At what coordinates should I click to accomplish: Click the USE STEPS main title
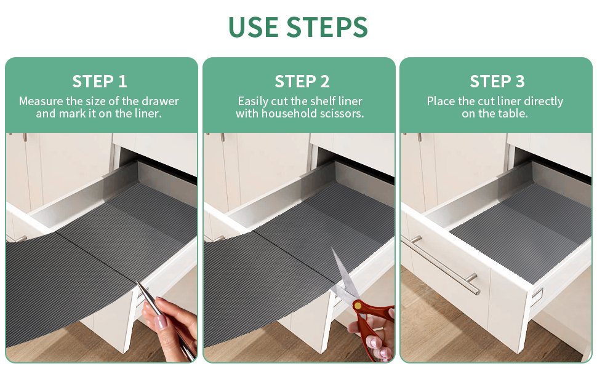(298, 28)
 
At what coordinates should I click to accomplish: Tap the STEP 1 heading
(100, 81)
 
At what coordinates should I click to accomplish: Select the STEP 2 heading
(302, 81)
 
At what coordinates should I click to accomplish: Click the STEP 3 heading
(497, 81)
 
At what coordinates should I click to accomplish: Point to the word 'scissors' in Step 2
(343, 114)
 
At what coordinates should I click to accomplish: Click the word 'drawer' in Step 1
(160, 101)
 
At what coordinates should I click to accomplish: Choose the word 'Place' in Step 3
(441, 101)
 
